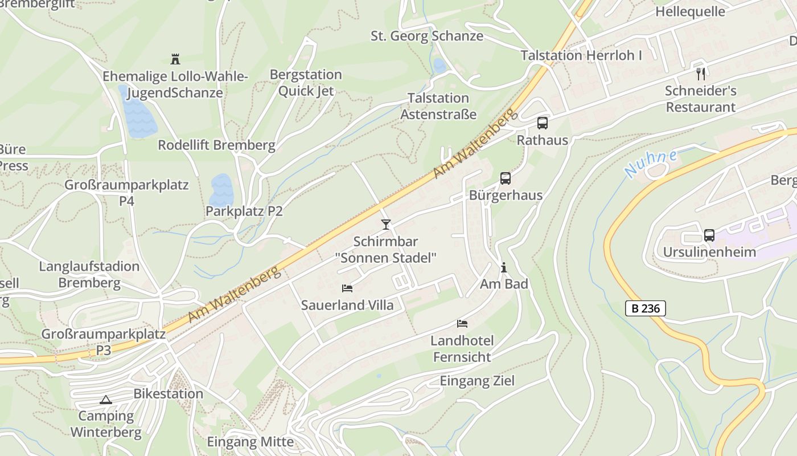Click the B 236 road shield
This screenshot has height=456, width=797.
click(646, 308)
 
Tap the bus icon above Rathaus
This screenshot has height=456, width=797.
click(543, 123)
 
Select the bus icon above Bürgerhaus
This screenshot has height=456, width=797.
click(506, 178)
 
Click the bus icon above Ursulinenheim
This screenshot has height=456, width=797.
click(709, 235)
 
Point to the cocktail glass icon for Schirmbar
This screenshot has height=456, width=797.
click(386, 225)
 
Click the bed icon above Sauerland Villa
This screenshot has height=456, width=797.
click(347, 288)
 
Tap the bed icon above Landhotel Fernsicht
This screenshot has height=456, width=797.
click(462, 324)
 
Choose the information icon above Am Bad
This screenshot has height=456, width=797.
click(504, 267)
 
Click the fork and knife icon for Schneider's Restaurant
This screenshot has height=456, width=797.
click(701, 74)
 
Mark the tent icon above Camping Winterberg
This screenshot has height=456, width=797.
click(106, 400)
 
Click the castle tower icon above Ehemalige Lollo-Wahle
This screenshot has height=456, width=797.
click(175, 59)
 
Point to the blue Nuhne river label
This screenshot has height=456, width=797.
click(650, 164)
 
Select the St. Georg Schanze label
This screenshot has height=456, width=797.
click(427, 36)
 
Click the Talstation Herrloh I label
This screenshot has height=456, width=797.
click(581, 55)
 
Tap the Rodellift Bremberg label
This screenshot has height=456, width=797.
click(216, 145)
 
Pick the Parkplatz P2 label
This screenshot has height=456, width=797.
click(244, 211)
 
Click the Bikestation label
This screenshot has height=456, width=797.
click(168, 393)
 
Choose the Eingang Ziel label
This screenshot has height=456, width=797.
click(477, 381)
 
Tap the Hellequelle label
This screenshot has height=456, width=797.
click(690, 11)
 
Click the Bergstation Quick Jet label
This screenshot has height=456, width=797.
click(306, 83)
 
